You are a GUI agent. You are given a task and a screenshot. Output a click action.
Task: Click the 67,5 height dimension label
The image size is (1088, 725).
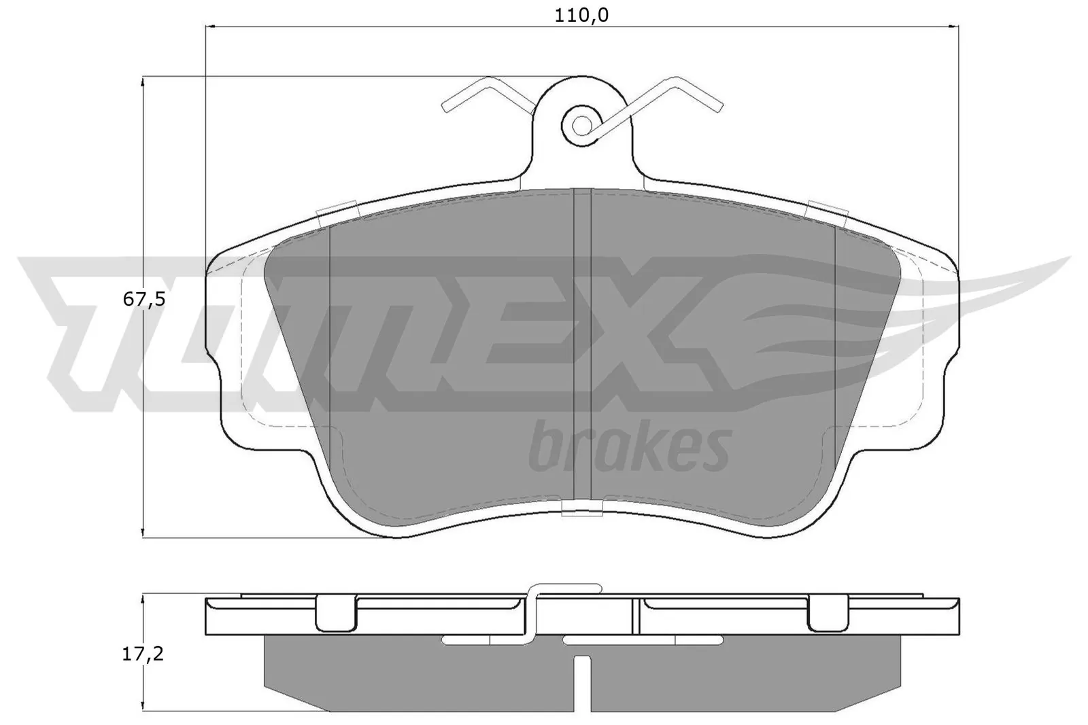(x=143, y=300)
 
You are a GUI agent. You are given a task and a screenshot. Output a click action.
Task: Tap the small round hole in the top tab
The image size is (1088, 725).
(x=581, y=124)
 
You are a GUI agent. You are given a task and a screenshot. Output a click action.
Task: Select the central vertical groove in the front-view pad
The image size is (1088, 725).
(x=583, y=340)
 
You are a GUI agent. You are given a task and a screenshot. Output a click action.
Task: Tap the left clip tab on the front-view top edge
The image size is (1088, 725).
(x=337, y=211)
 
